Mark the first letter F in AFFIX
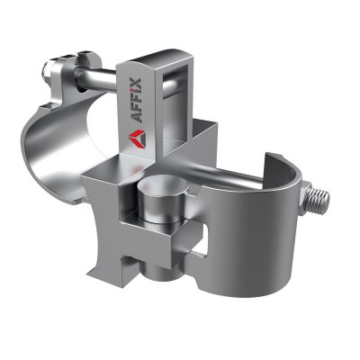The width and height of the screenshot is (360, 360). click(139, 105)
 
